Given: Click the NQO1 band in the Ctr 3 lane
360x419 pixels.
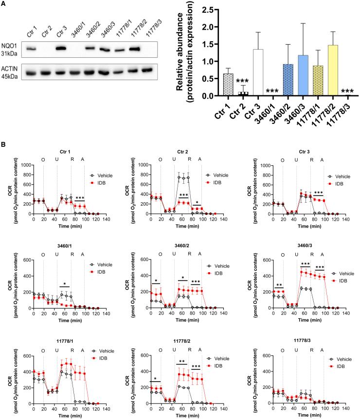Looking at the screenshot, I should [61, 49].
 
